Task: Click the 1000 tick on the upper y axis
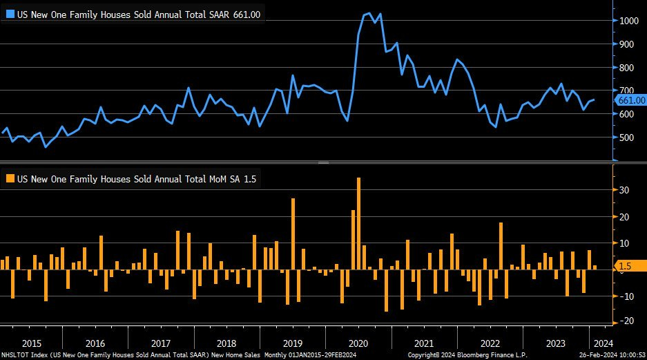pyautogui.click(x=627, y=21)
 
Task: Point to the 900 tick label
pyautogui.click(x=626, y=44)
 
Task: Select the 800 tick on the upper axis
pyautogui.click(x=626, y=68)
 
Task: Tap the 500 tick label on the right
pyautogui.click(x=626, y=138)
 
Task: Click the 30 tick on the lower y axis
pyautogui.click(x=622, y=189)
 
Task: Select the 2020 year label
pyautogui.click(x=358, y=343)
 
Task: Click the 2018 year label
pyautogui.click(x=226, y=343)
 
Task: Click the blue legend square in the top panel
pyautogui.click(x=10, y=14)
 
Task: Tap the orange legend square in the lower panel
pyautogui.click(x=10, y=179)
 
